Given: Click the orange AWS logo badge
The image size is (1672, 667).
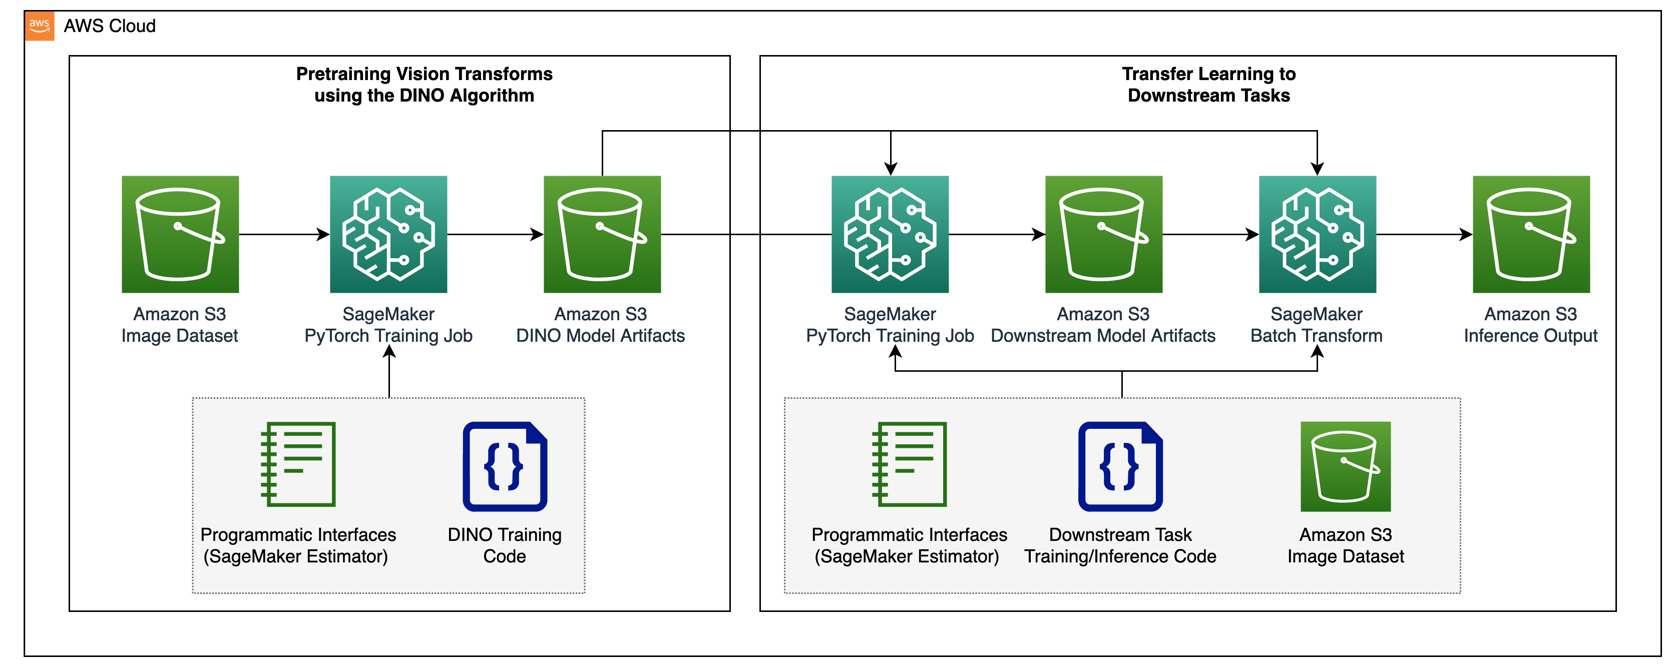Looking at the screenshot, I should pyautogui.click(x=40, y=26).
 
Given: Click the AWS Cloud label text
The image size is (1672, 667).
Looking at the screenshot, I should pyautogui.click(x=110, y=26).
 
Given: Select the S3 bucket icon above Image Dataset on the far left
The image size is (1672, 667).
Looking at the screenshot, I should pyautogui.click(x=180, y=234).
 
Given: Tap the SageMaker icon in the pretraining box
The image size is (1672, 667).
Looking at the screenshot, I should pyautogui.click(x=388, y=234).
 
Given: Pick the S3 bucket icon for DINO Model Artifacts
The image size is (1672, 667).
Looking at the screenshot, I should pyautogui.click(x=602, y=234).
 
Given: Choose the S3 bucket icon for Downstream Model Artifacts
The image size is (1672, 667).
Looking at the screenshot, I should pyautogui.click(x=1103, y=234).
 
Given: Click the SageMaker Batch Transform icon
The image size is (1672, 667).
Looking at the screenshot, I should pyautogui.click(x=1317, y=234).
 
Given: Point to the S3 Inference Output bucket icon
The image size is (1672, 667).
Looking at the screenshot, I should pyautogui.click(x=1530, y=234).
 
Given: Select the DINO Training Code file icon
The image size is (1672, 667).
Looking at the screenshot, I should pyautogui.click(x=504, y=466).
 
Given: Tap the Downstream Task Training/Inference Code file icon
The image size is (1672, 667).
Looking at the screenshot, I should pyautogui.click(x=1120, y=466).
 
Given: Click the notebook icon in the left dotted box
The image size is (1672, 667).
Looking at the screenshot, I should pyautogui.click(x=298, y=464).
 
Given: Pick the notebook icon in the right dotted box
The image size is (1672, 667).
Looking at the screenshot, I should pyautogui.click(x=909, y=464).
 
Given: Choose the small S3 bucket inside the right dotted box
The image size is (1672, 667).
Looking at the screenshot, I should pyautogui.click(x=1346, y=466).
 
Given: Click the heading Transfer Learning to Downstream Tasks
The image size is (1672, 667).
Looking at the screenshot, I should pyautogui.click(x=1208, y=85).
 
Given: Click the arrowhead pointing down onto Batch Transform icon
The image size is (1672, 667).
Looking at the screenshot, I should pyautogui.click(x=1317, y=169).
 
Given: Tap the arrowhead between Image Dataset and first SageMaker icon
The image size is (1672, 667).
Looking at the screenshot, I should pyautogui.click(x=322, y=234).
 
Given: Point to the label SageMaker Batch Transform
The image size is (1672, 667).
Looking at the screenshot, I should pyautogui.click(x=1316, y=324).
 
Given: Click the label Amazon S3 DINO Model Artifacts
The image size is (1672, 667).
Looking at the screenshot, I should pyautogui.click(x=600, y=324).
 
